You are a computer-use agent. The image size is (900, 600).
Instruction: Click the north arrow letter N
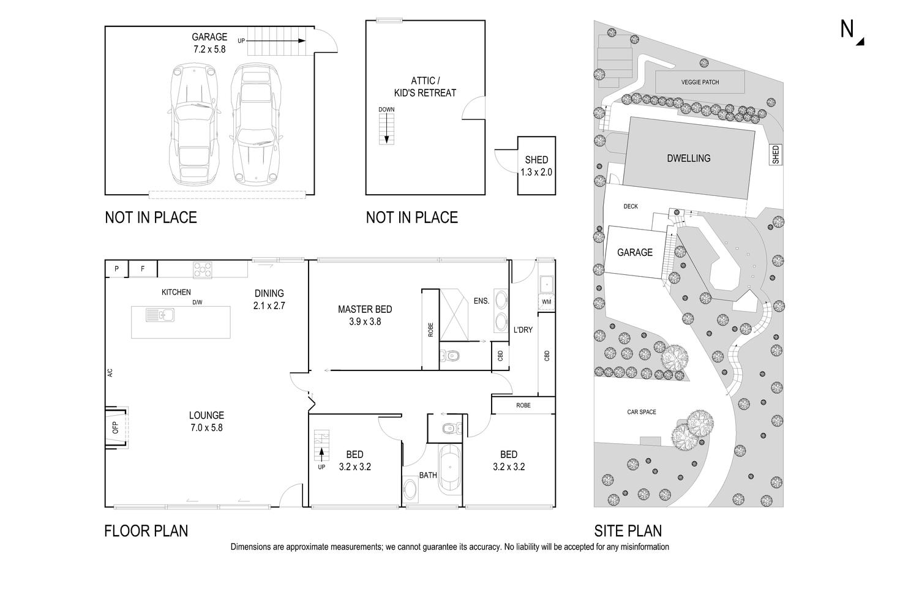click(x=847, y=29)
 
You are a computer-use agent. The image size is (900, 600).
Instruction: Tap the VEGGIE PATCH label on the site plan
click(x=700, y=82)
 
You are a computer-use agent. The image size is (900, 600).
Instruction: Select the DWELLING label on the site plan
click(x=688, y=159)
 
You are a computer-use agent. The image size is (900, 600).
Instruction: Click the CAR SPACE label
click(x=641, y=412)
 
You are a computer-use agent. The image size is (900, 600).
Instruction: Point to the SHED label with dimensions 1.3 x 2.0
click(x=536, y=166)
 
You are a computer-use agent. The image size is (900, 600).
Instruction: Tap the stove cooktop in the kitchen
click(x=203, y=269)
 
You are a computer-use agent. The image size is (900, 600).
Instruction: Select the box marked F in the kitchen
click(x=143, y=269)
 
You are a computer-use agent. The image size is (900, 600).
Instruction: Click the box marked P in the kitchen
click(x=116, y=269)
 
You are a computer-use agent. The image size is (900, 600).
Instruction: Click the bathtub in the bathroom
click(x=449, y=468)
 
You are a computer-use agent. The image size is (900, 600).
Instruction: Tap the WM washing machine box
click(x=546, y=302)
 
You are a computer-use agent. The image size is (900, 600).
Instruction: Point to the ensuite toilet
click(x=451, y=356)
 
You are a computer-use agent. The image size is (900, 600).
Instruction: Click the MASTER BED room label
click(x=365, y=315)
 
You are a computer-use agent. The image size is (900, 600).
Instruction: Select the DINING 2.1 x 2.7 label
click(x=269, y=299)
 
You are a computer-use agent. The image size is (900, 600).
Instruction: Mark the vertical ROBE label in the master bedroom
click(x=430, y=330)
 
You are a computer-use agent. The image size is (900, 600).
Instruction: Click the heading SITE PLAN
click(x=628, y=530)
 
